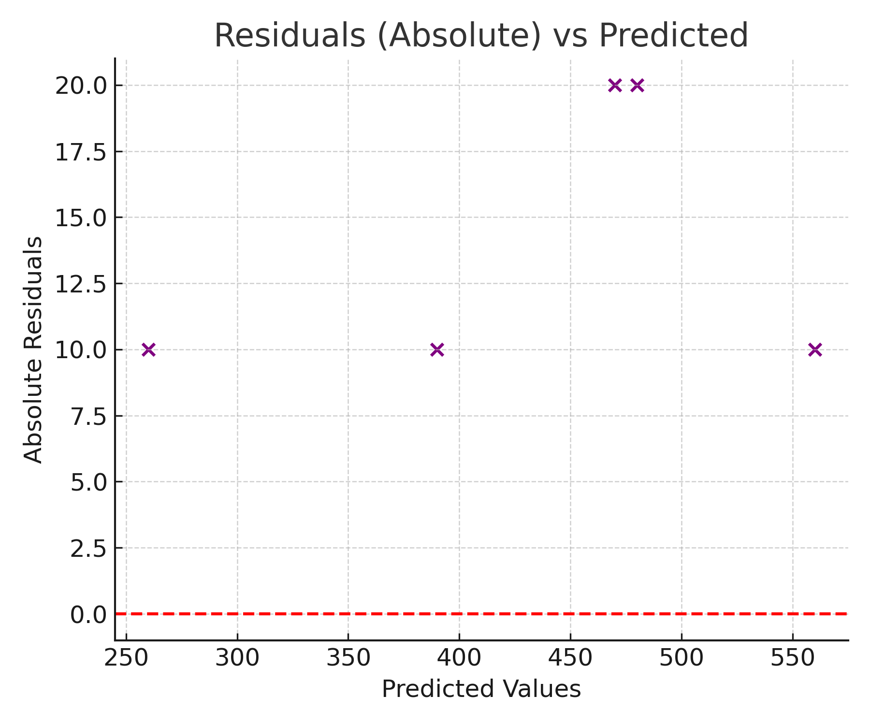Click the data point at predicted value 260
[149, 349]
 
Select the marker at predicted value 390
[437, 349]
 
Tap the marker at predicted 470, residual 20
[615, 86]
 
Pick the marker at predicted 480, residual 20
[638, 86]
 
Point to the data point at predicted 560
[815, 349]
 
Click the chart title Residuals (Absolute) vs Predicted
[481, 35]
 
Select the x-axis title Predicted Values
[481, 689]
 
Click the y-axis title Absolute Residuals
[33, 349]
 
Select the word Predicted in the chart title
[673, 35]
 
